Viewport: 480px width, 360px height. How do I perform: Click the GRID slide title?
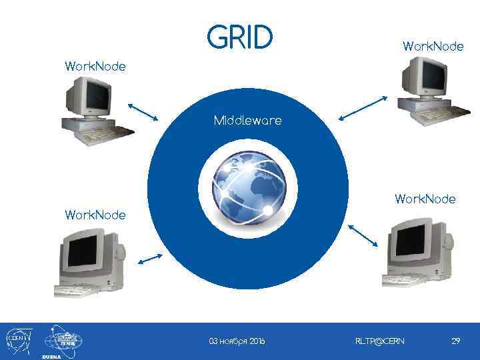coord(240,38)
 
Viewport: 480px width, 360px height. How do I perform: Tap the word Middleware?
coord(247,121)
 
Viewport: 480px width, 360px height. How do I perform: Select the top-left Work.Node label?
coord(95,67)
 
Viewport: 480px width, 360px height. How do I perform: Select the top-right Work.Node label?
coord(433,46)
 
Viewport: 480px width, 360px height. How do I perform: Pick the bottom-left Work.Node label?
coord(95,215)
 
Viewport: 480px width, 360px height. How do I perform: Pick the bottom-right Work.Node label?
coord(425,199)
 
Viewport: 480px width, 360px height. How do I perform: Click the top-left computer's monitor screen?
coord(95,95)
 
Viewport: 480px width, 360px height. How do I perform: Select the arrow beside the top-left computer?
coord(141,111)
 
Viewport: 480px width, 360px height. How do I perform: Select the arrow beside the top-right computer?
coord(363,108)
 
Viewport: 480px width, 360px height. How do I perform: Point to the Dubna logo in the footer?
coord(62,341)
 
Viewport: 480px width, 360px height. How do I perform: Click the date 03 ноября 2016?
coord(237,341)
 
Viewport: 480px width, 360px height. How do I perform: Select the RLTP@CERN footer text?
coord(379,341)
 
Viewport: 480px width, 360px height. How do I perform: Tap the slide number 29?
coord(456,341)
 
